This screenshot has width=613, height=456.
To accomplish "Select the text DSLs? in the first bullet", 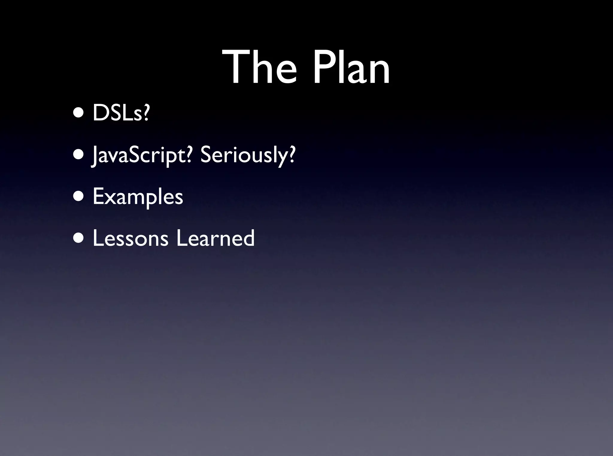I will (121, 113).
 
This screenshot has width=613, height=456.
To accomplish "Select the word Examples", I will (138, 197).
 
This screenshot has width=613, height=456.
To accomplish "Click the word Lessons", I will (131, 238).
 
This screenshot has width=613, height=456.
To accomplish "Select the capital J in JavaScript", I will (95, 156).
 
